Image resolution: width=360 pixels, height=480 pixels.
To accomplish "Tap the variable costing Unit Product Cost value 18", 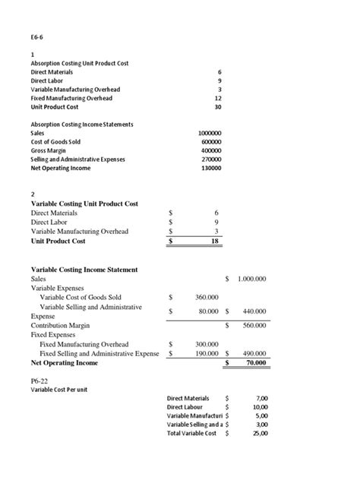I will click(216, 242).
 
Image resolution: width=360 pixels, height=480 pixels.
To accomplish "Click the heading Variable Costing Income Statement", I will click(84, 270).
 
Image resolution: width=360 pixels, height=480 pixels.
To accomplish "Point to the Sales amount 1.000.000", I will click(251, 279).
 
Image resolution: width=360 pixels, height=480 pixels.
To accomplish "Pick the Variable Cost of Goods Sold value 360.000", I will click(207, 297).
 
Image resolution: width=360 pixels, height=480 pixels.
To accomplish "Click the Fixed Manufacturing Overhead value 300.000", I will click(207, 344).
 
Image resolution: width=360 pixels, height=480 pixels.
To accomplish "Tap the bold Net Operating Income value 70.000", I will click(254, 363).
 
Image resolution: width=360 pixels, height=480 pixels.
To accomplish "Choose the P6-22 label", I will click(39, 381).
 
